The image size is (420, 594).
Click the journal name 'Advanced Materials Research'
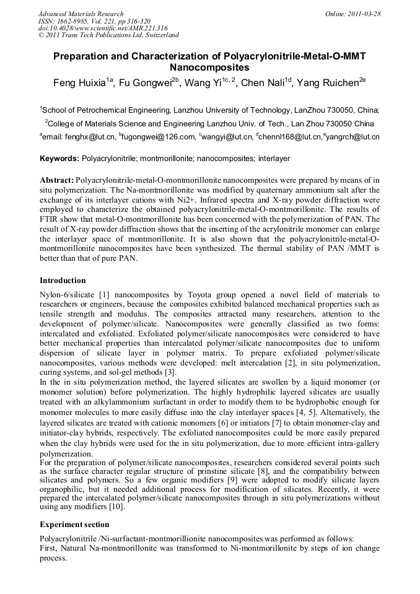point(81,14)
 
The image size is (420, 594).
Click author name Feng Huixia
point(76,84)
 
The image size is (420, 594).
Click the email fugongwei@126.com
point(161,137)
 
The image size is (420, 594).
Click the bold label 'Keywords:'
point(59,159)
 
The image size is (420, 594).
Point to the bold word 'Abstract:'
point(56,180)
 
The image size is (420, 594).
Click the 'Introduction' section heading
point(63,281)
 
